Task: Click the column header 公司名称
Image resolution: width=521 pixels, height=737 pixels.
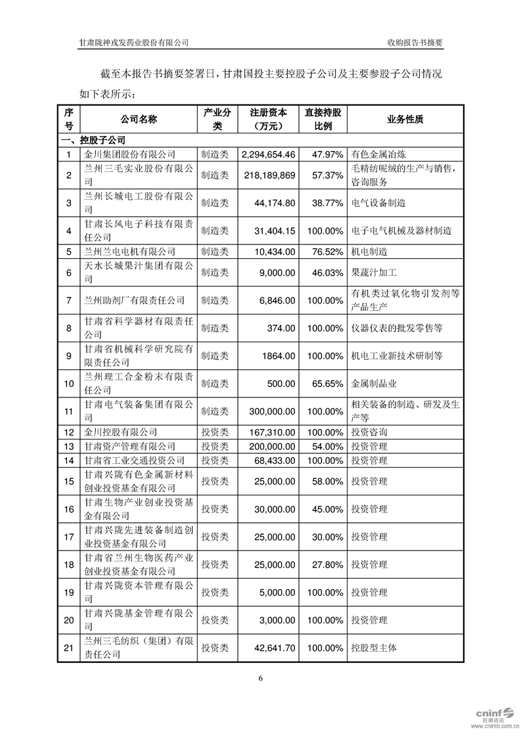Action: point(139,120)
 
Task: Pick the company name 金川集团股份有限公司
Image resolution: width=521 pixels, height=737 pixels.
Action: point(130,154)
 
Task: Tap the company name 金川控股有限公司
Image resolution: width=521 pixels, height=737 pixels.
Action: point(121,432)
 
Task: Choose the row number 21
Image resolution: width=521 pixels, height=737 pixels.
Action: point(68,648)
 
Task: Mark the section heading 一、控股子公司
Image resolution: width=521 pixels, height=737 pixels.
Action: point(93,140)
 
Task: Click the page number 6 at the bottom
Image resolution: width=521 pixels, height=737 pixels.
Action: point(261,678)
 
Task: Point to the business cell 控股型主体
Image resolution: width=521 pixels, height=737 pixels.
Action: point(374,648)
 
